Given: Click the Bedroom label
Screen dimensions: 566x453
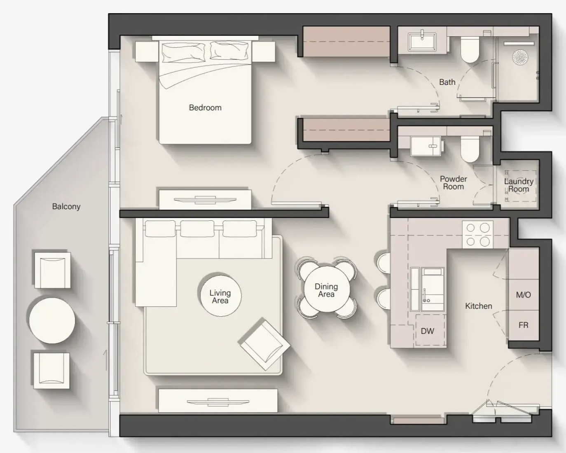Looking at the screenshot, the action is tap(205, 107).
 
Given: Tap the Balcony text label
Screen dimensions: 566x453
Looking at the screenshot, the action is tap(66, 207).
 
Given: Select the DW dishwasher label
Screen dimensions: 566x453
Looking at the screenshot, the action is tap(428, 331).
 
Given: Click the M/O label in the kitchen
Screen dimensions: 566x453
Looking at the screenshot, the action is tap(524, 295).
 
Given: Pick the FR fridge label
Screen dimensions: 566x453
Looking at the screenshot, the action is tap(524, 325).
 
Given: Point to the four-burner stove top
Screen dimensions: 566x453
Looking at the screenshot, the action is tap(477, 234).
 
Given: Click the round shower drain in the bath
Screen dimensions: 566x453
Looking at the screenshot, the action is tap(520, 57).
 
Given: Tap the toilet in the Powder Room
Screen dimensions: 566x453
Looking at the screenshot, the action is tap(470, 149).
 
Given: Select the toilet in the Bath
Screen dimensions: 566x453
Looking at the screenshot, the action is tap(470, 50).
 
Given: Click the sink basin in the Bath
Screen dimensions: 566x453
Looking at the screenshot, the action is tap(422, 42).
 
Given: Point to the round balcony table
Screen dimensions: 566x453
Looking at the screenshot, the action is tap(52, 320).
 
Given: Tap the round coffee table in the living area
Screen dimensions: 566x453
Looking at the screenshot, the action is tap(220, 296).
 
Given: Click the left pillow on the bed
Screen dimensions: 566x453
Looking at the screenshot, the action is tap(183, 52).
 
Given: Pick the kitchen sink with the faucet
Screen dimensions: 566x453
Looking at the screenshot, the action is tap(433, 289).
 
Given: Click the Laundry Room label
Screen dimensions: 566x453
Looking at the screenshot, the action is tap(519, 185).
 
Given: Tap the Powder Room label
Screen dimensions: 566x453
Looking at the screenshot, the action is tap(454, 183).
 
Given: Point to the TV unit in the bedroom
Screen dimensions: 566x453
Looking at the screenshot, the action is tap(205, 200).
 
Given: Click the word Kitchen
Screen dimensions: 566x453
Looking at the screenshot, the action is tap(478, 306).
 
